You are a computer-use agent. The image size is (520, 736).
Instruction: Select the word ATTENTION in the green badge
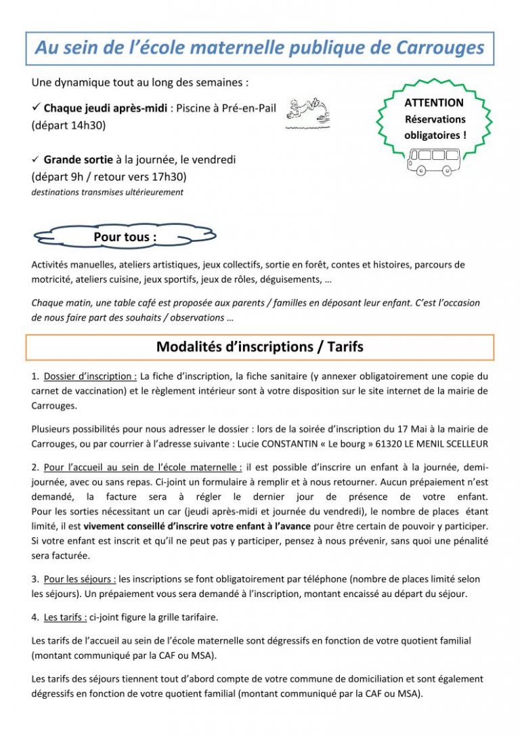(434, 103)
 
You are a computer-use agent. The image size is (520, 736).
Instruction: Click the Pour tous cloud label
(125, 237)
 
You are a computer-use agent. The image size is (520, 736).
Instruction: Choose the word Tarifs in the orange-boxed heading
(345, 347)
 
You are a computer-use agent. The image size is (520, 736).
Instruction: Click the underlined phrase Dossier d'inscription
(91, 376)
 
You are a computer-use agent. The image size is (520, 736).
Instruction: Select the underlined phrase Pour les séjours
(81, 579)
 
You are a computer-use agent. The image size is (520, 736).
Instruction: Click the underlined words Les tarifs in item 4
(66, 617)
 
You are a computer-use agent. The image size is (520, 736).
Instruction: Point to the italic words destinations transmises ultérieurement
(108, 192)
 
